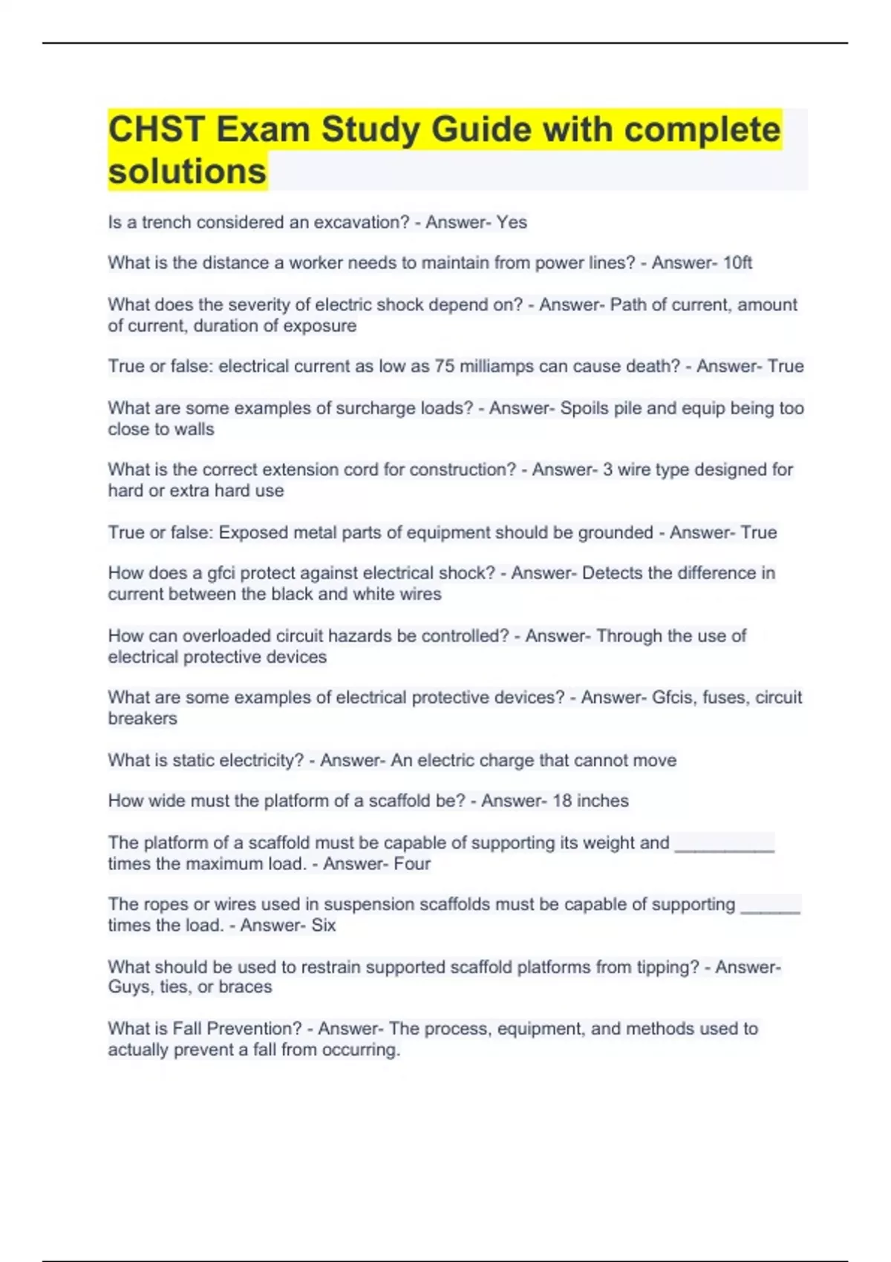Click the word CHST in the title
pyautogui.click(x=156, y=130)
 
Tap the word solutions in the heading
pyautogui.click(x=187, y=171)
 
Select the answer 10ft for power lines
pyautogui.click(x=737, y=263)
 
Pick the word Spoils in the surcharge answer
pyautogui.click(x=584, y=408)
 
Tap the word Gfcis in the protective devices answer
pyautogui.click(x=673, y=697)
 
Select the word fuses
pyautogui.click(x=724, y=697)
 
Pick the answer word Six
pyautogui.click(x=323, y=926)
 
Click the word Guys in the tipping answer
pyautogui.click(x=128, y=987)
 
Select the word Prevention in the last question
pyautogui.click(x=254, y=1029)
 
